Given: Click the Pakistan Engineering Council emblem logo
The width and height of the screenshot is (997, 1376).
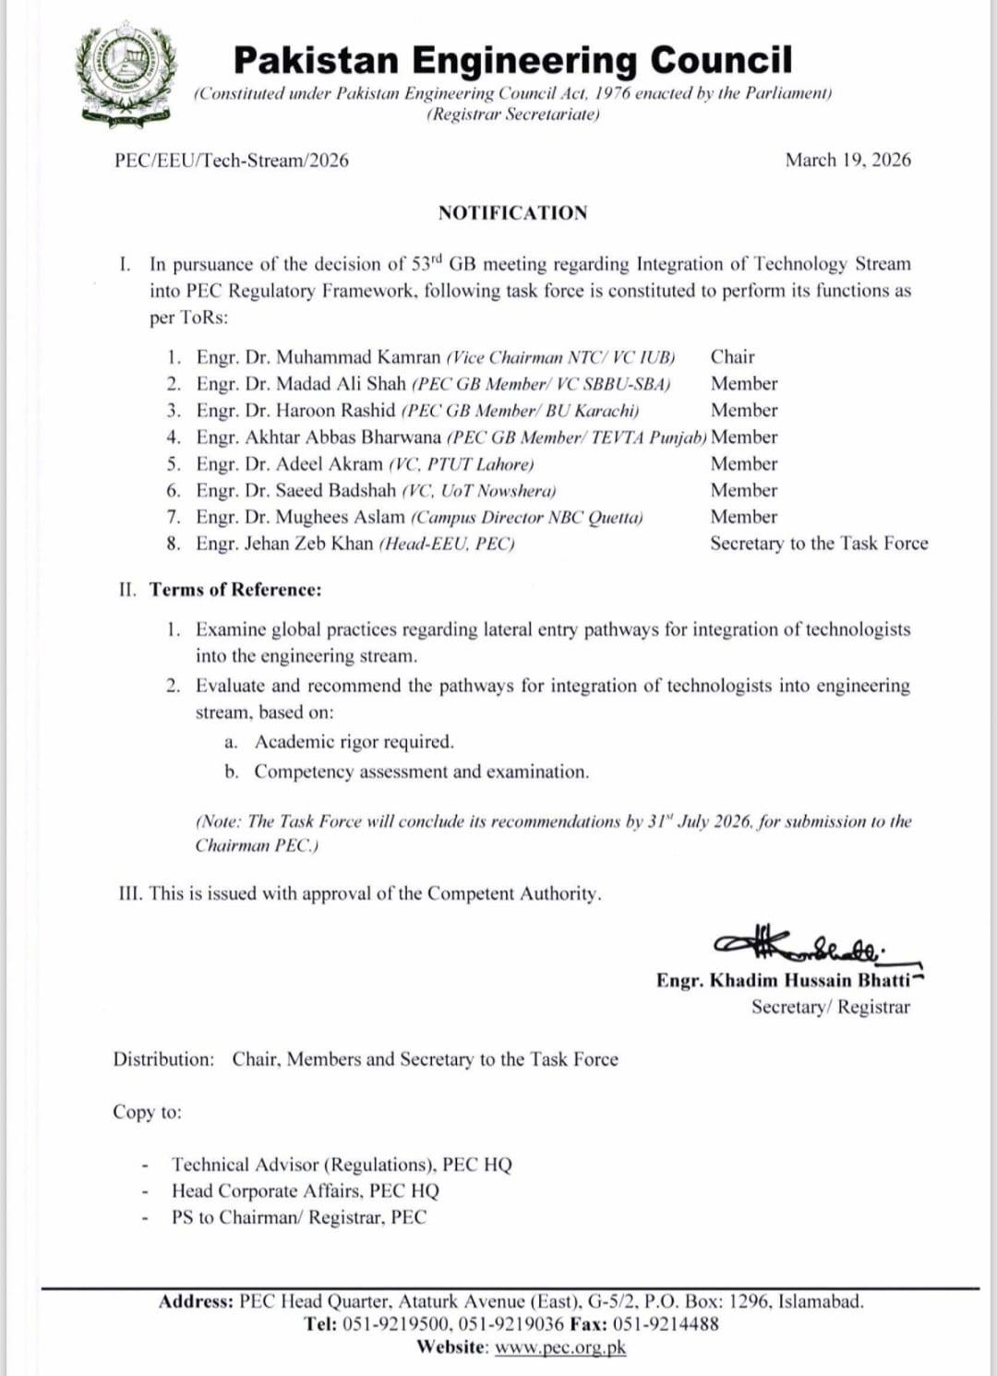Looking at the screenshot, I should click(x=126, y=76).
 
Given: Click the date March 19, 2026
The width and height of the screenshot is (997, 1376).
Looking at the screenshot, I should click(x=847, y=160).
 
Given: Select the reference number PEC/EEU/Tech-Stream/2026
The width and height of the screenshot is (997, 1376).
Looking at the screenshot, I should click(x=232, y=160).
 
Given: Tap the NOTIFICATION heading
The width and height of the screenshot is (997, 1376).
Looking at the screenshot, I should click(x=512, y=213).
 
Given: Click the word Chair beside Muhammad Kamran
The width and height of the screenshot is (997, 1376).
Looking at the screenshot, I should click(x=732, y=357).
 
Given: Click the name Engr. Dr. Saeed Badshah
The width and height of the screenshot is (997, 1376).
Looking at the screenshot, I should click(x=295, y=491).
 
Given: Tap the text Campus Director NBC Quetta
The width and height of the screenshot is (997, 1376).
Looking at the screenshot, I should click(x=527, y=518).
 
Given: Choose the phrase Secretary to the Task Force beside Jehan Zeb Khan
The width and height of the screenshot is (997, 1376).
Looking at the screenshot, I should click(x=818, y=544).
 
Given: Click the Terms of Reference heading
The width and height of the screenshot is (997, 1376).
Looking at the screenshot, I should click(x=235, y=590).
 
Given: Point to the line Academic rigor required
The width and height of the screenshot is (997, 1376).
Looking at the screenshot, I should click(x=354, y=742).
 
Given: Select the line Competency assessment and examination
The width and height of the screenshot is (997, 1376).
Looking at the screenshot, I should click(x=421, y=772).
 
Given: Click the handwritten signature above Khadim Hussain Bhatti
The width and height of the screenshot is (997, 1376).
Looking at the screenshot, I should click(x=799, y=943).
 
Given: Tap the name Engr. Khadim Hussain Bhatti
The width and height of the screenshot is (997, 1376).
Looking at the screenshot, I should click(x=783, y=980).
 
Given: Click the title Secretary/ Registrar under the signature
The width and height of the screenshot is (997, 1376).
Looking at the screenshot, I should click(x=830, y=1007).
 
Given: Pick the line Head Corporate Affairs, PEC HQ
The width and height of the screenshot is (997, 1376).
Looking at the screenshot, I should click(x=306, y=1191).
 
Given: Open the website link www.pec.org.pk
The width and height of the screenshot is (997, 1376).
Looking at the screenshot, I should click(x=560, y=1347).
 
